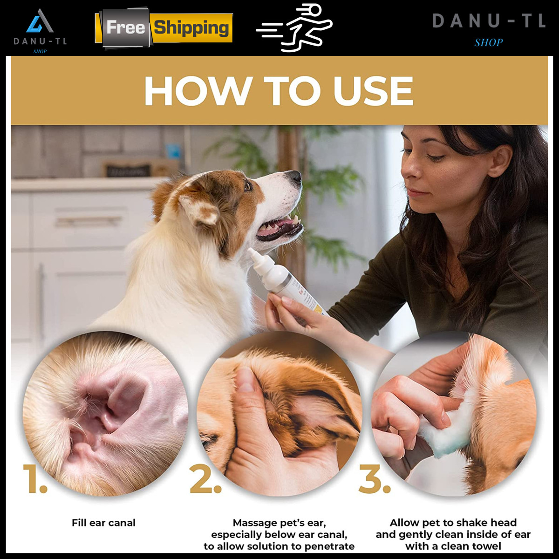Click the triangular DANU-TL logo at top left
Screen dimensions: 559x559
point(40,22)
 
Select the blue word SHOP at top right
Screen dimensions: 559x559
point(489,43)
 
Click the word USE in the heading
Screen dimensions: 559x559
point(373,91)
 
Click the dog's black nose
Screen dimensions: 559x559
point(294,177)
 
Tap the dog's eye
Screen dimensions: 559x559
point(248,186)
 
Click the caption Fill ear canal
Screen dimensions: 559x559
point(103,523)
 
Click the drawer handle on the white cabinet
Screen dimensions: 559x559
point(89,221)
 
